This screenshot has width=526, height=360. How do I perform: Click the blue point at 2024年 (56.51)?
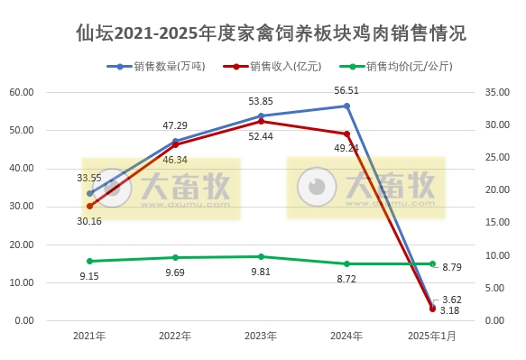(346, 106)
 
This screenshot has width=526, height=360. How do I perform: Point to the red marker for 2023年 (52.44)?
(262, 121)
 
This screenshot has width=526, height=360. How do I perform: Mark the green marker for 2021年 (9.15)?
(90, 261)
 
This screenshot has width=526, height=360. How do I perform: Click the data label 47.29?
(175, 125)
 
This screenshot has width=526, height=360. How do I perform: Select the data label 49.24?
(346, 148)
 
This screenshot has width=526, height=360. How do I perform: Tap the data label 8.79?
(452, 267)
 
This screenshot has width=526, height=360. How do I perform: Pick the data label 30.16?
(88, 221)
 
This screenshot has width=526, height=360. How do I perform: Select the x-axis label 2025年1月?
(432, 336)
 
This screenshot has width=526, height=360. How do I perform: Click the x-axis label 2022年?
(175, 336)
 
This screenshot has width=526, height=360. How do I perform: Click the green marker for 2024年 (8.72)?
(346, 263)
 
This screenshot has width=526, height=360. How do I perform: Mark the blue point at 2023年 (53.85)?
(262, 115)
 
